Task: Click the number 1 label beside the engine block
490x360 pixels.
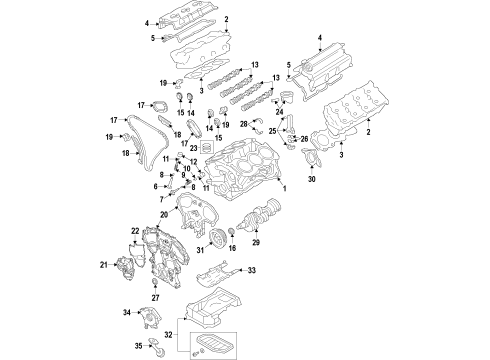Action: click(x=284, y=189)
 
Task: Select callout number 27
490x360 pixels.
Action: click(x=156, y=297)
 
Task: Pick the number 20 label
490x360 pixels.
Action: click(x=162, y=213)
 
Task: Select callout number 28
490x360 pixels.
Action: click(x=243, y=124)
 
